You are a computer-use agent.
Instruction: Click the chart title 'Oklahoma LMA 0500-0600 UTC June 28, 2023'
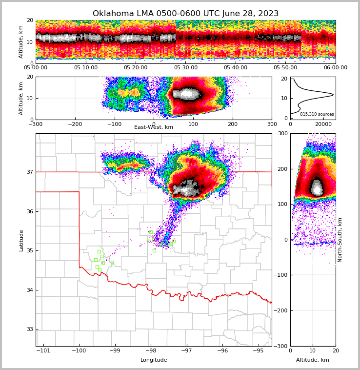(185, 14)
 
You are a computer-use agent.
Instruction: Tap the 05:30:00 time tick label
(185, 68)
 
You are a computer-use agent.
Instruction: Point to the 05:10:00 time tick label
(85, 68)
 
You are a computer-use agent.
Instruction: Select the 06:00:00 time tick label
(335, 68)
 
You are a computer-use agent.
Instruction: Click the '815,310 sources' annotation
(317, 114)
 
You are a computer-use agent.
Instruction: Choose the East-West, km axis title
(154, 127)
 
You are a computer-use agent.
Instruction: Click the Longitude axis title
(154, 360)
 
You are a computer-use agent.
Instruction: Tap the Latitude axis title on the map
(21, 240)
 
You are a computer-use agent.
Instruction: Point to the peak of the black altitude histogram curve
(333, 94)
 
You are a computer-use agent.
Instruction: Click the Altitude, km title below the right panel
(313, 360)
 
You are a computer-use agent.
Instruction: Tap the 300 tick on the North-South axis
(282, 133)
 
